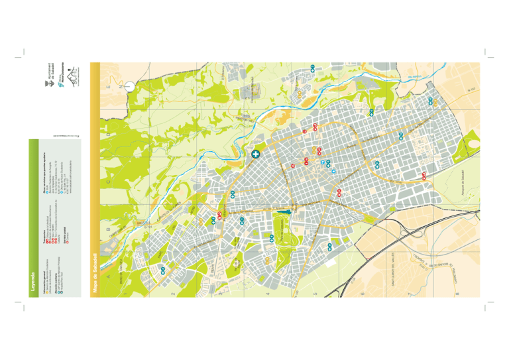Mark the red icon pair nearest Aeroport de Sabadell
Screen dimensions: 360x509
point(424,175)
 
